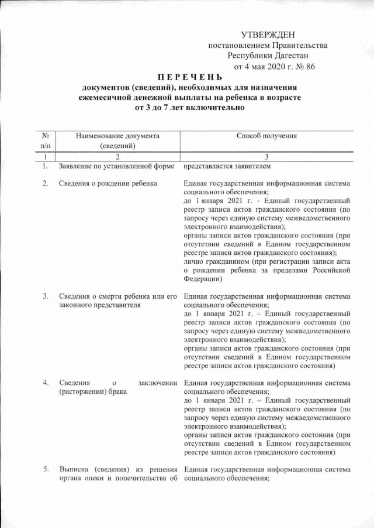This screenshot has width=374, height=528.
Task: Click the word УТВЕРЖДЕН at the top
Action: [x=268, y=36]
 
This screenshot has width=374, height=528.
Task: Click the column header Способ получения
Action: [x=266, y=136]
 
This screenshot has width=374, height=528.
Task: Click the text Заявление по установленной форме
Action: [x=117, y=167]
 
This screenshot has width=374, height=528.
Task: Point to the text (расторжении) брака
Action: [x=88, y=391]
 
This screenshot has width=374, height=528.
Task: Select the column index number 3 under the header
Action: [x=266, y=157]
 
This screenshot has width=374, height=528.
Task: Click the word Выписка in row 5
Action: [x=74, y=469]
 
